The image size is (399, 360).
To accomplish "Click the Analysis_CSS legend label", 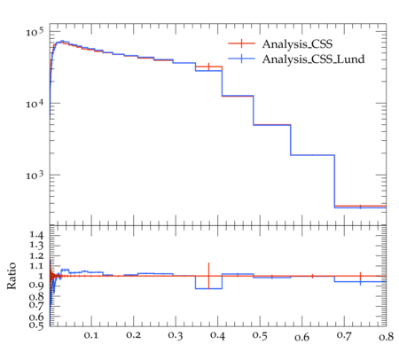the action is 297,44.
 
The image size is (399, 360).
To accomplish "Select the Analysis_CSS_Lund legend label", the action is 313,59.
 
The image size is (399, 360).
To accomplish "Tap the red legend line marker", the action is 241,43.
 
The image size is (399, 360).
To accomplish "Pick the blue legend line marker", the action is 241,59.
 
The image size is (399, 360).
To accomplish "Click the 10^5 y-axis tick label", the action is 35,32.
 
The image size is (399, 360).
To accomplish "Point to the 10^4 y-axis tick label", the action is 35,104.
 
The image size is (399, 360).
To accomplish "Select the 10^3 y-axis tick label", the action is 35,175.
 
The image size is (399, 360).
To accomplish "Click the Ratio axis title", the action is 12,276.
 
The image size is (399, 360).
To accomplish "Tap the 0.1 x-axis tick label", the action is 91,335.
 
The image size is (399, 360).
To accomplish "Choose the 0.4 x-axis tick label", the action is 218,336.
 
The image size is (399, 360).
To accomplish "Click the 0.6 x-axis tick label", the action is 302,337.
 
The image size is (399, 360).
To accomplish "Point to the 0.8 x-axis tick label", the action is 387,337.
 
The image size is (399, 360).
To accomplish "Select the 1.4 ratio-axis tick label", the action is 36,235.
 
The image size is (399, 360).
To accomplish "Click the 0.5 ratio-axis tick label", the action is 36,325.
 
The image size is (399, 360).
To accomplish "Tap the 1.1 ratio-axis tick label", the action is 36,266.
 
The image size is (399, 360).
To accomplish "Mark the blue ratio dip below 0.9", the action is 208,288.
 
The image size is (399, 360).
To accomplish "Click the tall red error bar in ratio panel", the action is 208,276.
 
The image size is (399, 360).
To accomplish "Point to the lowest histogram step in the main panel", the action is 360,207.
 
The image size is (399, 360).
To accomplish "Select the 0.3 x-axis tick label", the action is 176,335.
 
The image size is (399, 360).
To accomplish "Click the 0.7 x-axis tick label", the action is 344,336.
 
